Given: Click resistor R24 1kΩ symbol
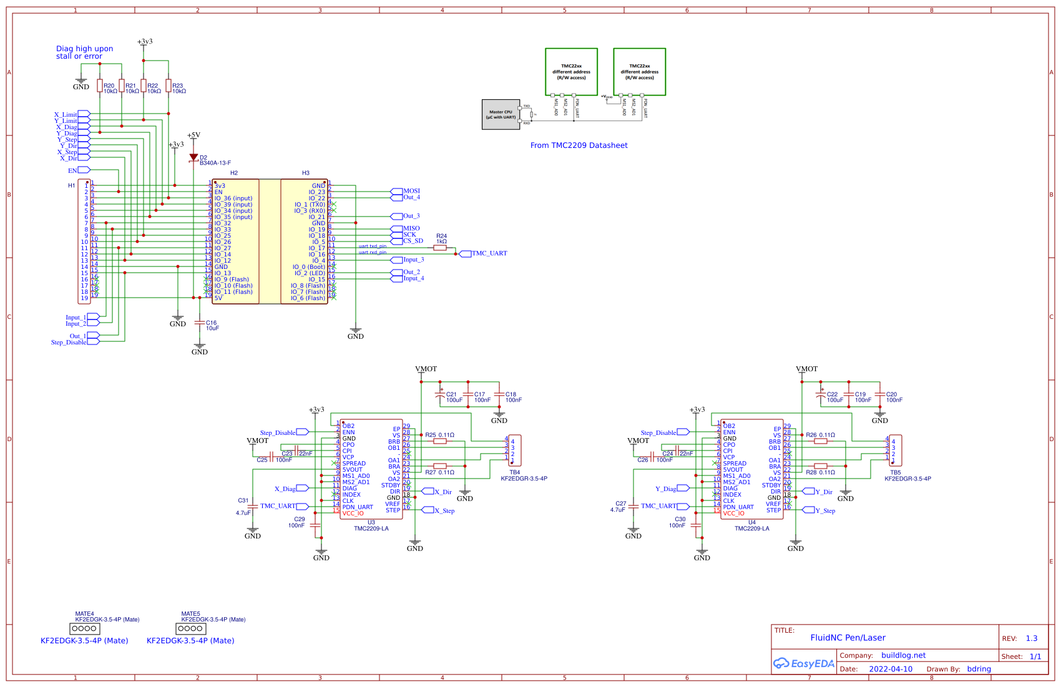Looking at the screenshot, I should (x=440, y=248).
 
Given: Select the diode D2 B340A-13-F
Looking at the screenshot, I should (x=193, y=158).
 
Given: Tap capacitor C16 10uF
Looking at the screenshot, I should (x=200, y=323).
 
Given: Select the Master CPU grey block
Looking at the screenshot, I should (x=501, y=115).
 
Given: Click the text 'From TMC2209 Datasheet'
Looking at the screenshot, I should (x=579, y=145).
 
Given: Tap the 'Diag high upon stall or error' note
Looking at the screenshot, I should (x=84, y=52).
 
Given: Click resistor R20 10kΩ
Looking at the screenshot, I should (x=100, y=86).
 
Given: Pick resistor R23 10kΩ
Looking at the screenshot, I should (x=169, y=86).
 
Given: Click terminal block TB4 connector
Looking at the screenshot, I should (x=514, y=450).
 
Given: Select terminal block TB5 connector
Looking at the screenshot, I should (x=895, y=450).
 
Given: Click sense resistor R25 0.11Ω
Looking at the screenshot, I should (x=440, y=441).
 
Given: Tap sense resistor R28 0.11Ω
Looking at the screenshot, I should (x=821, y=466).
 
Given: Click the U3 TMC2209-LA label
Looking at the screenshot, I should (x=371, y=525).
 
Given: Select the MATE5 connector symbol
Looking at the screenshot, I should (x=190, y=628).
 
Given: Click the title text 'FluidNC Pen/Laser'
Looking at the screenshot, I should (x=848, y=638).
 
